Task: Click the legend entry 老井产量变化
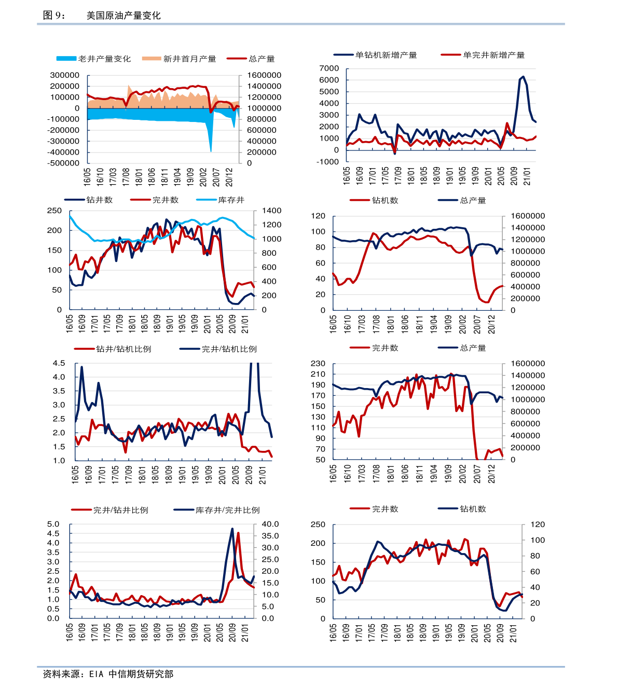(x=104, y=59)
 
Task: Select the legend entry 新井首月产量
(x=189, y=59)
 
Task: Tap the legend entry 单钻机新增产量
(x=386, y=55)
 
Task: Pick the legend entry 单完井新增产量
(x=493, y=55)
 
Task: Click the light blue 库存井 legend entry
(x=231, y=200)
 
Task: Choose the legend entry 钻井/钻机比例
(x=123, y=349)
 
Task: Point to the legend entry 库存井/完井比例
(x=227, y=510)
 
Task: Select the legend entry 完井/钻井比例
(x=120, y=510)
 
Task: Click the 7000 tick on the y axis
(x=329, y=68)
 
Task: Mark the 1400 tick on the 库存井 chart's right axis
(x=271, y=211)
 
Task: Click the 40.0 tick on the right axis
(x=270, y=525)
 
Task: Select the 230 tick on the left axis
(x=318, y=364)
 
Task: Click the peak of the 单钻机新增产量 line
(x=523, y=77)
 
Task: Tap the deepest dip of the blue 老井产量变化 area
(x=211, y=151)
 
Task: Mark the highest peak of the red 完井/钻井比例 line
(x=238, y=533)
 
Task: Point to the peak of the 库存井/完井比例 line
(x=232, y=529)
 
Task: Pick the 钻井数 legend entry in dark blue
(x=99, y=200)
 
